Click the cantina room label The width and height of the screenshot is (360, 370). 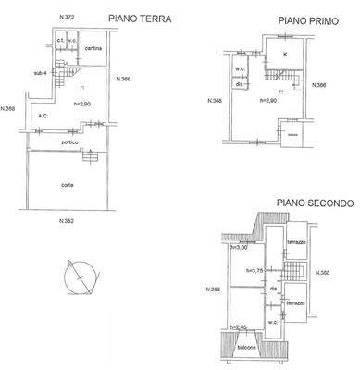tap(92, 47)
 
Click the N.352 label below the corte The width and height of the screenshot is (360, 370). tap(67, 221)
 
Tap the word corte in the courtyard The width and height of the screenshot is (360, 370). tap(68, 185)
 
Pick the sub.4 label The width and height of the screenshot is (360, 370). tap(40, 73)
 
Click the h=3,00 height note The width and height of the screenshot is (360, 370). tap(240, 247)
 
